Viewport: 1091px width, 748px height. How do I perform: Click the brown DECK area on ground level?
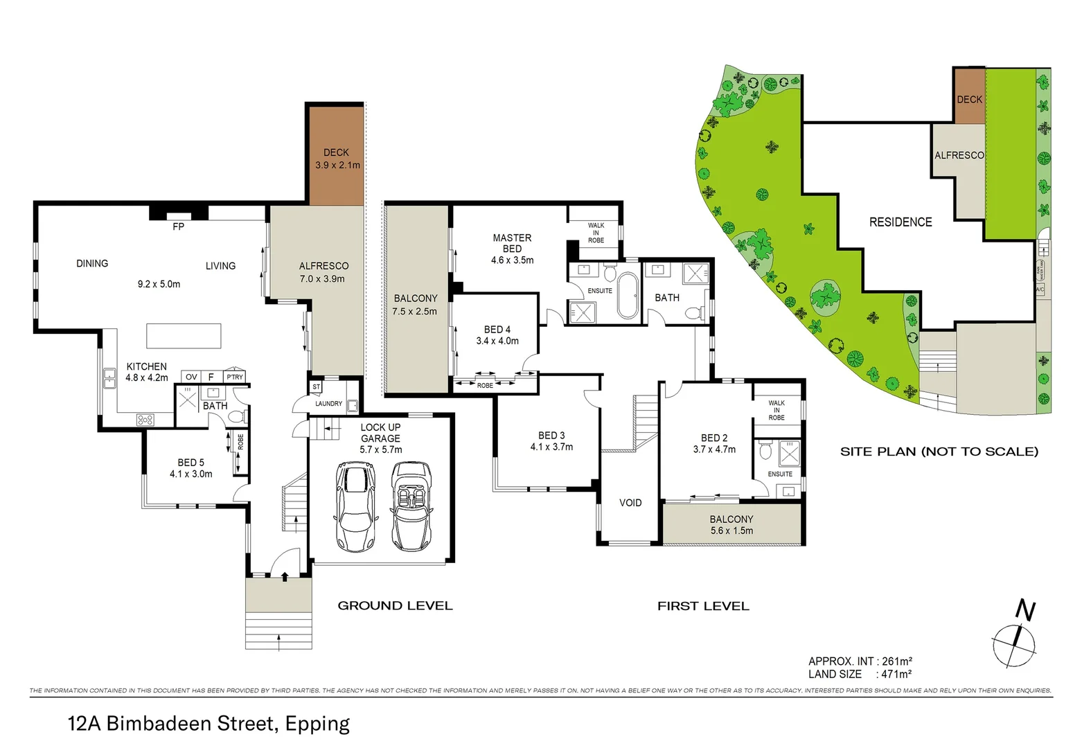point(336,156)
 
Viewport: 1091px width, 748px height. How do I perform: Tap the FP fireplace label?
point(178,226)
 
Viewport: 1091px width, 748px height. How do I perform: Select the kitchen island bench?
point(184,336)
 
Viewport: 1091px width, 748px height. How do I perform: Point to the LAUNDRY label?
point(328,404)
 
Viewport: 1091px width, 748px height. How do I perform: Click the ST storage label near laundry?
point(317,387)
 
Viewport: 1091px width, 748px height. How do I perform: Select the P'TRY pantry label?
point(235,377)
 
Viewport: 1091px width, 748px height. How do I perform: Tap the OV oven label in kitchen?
point(191,377)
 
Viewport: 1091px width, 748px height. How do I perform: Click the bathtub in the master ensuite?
point(628,294)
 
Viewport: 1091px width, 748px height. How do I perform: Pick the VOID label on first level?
point(630,503)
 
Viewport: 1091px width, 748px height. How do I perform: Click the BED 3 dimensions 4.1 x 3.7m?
point(551,447)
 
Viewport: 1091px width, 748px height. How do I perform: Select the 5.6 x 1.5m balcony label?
point(731,531)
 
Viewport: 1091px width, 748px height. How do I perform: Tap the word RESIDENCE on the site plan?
point(900,222)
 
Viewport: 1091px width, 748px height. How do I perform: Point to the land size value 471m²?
point(896,674)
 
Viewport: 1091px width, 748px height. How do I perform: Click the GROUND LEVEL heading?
point(395,606)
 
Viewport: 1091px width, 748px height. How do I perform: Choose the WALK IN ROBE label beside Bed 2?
point(776,410)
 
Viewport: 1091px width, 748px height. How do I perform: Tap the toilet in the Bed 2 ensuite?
point(765,452)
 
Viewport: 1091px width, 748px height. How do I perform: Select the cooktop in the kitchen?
point(145,419)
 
